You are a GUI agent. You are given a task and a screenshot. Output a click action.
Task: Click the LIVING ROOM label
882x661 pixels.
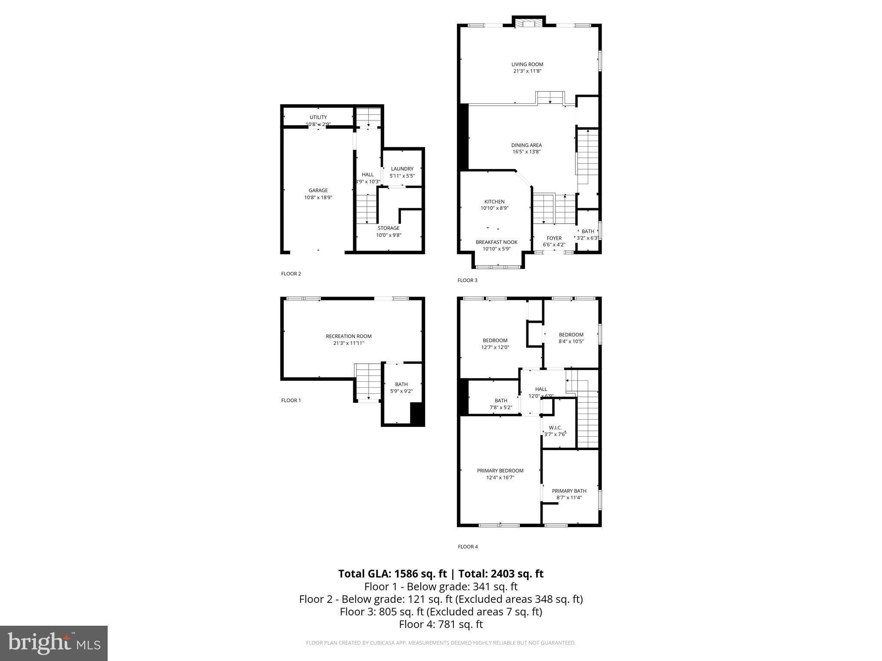[527, 65]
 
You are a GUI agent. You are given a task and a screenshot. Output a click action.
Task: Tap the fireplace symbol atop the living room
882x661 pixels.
[528, 24]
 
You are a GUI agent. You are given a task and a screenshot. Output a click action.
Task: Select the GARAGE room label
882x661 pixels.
[318, 191]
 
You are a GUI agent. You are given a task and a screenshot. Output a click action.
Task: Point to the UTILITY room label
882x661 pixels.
[318, 117]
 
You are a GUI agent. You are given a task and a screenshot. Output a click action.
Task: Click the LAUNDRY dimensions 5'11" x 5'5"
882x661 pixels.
[402, 176]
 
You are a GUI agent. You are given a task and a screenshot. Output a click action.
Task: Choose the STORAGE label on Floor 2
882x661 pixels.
[388, 228]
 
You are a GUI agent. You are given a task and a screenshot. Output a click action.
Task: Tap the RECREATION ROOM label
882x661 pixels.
[348, 337]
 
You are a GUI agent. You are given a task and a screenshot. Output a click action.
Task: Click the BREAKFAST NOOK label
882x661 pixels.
[497, 242]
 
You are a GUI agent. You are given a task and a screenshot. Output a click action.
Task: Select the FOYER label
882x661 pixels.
[554, 238]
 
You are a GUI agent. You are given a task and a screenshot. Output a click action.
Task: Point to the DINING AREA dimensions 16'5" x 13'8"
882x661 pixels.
[526, 152]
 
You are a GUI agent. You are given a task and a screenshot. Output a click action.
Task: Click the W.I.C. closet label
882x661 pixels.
[555, 428]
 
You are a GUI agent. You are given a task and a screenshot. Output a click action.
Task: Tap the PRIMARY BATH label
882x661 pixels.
[569, 491]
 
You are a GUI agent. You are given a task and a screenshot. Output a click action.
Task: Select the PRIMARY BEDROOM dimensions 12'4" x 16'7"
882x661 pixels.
[500, 478]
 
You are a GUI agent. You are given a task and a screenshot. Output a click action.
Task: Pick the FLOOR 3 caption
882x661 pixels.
[467, 281]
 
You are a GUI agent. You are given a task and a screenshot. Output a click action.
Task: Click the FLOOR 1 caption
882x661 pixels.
[291, 401]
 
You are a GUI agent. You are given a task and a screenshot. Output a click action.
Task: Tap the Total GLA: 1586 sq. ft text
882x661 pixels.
[392, 574]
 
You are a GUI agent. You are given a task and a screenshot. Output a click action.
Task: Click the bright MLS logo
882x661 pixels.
[54, 643]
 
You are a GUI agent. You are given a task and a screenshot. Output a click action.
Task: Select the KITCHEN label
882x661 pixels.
[494, 202]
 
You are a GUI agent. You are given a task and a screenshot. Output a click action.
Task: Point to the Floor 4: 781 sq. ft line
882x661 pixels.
[441, 624]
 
